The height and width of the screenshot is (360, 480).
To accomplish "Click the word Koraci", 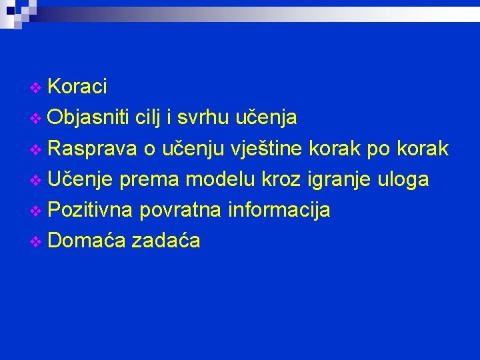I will click(78, 87).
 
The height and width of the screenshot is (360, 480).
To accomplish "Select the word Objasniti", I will click(89, 117).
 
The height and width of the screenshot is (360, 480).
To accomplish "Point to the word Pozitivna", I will click(92, 209).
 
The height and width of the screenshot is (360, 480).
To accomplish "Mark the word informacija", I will click(279, 209).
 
